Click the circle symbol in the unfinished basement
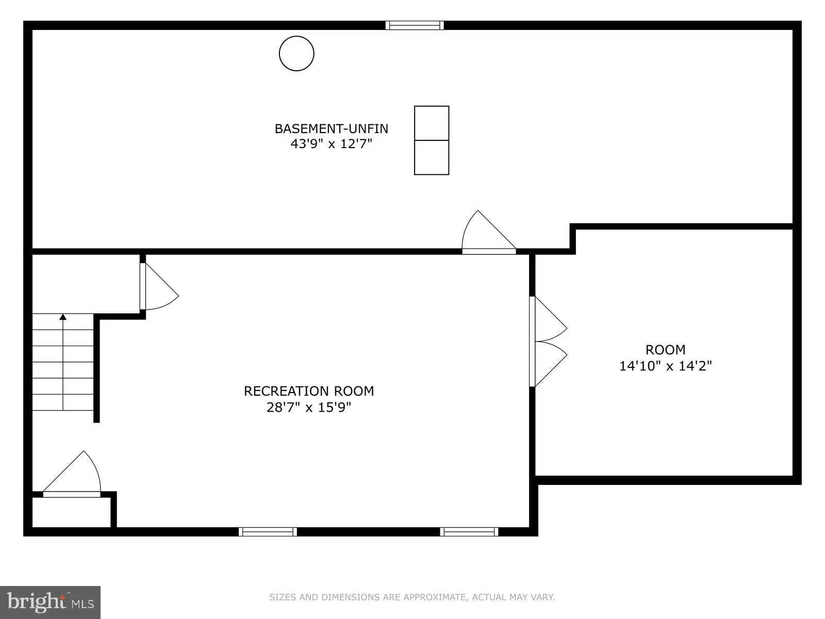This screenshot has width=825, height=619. (x=296, y=53)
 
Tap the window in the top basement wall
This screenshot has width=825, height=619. (x=415, y=25)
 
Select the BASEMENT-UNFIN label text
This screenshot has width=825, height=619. (x=331, y=128)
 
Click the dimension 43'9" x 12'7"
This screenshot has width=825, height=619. (x=331, y=144)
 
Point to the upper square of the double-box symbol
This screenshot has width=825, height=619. (x=432, y=123)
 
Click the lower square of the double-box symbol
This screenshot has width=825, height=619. (x=432, y=157)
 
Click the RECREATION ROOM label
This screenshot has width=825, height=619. (x=309, y=391)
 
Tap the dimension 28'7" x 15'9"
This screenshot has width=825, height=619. (x=309, y=408)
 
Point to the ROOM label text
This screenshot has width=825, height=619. (x=665, y=350)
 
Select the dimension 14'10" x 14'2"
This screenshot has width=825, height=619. (x=665, y=366)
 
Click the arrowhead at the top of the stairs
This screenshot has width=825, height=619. (x=63, y=317)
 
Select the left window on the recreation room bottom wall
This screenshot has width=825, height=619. (x=268, y=531)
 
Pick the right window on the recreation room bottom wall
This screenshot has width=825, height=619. (x=469, y=531)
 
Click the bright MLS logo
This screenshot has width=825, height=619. (x=51, y=602)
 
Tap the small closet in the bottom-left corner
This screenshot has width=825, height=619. (x=71, y=512)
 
